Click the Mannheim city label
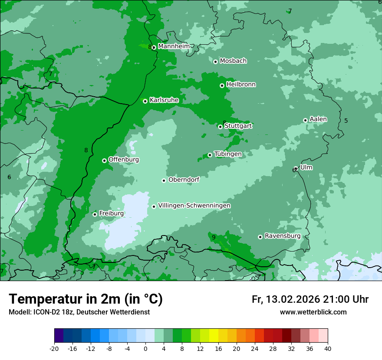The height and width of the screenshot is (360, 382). coord(174,46)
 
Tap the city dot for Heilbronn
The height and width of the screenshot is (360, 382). coord(222,85)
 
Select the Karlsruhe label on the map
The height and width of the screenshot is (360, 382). coord(164,100)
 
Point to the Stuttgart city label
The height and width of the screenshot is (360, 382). coord(238,126)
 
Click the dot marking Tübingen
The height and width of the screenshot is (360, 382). coord(210,155)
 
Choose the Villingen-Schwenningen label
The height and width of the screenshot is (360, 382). coord(194,206)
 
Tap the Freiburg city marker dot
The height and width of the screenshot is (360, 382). coord(95,214)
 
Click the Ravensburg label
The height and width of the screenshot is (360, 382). coord(282,236)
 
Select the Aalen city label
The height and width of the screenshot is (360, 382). coord(318,119)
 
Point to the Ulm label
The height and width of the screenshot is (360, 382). coord(306,167)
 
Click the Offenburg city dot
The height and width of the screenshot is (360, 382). coord(104,160)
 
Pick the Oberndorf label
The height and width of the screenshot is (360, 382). coord(184,180)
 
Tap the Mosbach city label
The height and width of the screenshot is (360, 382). coord(233,61)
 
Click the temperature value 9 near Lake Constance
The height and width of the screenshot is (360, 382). coord(214,237)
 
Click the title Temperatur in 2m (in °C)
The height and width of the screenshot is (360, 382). coord(86,299)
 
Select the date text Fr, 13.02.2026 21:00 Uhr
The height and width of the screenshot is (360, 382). coord(310,299)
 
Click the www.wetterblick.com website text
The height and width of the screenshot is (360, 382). coord(313,312)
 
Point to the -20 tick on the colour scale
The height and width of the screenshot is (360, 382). coord(54,348)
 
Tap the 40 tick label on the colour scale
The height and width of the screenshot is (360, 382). coord(327,348)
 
